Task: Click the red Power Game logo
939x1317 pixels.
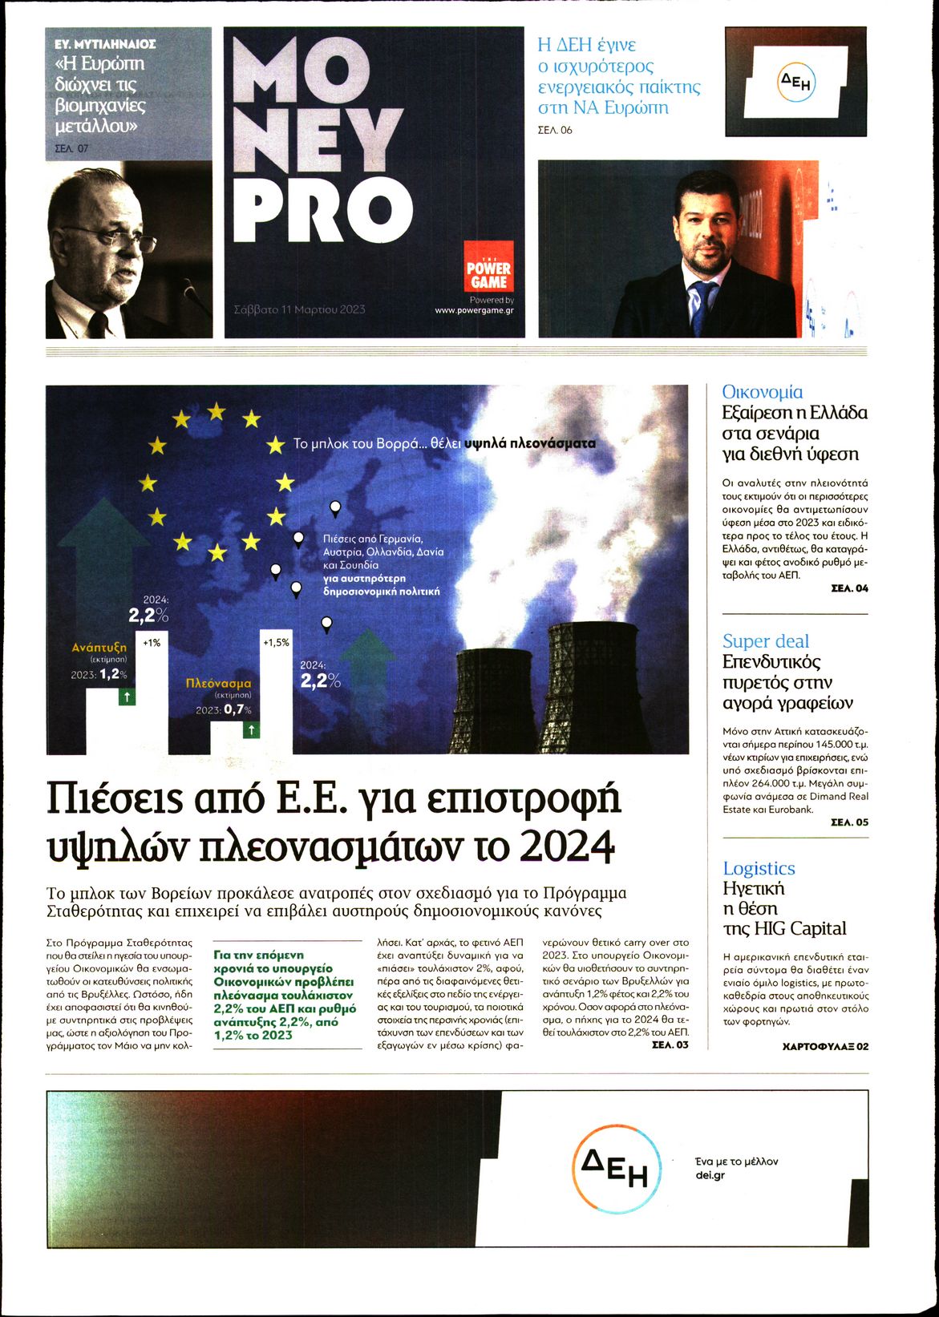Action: (x=488, y=269)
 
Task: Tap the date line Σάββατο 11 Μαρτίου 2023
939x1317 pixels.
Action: (x=299, y=309)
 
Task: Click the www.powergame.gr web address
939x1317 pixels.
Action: (x=474, y=310)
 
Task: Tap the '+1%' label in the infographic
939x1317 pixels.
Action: (x=152, y=643)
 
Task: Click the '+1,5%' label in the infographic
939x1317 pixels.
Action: (x=276, y=643)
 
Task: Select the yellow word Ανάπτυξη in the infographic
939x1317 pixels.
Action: (x=99, y=647)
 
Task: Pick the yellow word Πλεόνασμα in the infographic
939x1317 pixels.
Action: (x=218, y=684)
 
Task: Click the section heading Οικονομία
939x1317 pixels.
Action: (x=762, y=392)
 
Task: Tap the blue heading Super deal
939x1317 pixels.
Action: (x=766, y=641)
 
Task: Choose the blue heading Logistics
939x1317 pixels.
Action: (x=759, y=868)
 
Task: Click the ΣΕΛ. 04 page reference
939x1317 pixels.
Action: (x=849, y=588)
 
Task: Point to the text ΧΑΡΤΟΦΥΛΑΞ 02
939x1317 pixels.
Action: (x=825, y=1046)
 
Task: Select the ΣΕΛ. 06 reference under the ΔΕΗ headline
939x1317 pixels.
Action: (x=555, y=130)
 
